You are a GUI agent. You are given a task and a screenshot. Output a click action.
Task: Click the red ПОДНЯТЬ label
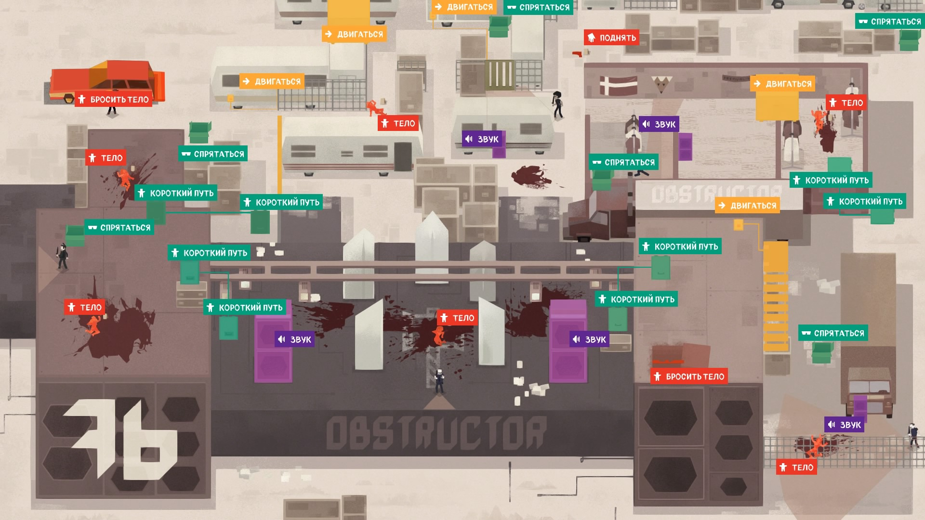point(612,38)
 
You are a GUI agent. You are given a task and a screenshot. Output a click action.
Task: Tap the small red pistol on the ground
point(577,53)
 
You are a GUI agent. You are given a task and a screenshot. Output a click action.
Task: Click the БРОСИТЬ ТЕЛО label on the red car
point(114,99)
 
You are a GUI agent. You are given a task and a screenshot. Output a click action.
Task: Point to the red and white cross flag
point(618,85)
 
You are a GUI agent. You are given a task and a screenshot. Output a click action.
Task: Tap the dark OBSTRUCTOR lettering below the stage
point(436,432)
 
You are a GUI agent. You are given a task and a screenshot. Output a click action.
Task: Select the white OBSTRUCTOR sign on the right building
point(717,194)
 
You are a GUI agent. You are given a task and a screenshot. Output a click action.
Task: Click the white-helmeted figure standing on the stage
point(439,381)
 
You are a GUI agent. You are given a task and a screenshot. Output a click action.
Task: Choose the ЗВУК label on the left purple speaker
point(295,339)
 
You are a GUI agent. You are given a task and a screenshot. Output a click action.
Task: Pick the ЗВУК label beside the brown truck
point(844,425)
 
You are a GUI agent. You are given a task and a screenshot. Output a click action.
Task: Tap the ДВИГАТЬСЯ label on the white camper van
point(272,81)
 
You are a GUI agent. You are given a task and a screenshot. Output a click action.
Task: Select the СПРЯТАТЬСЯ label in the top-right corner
point(890,21)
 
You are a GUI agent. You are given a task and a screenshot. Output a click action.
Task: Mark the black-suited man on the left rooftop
point(62,256)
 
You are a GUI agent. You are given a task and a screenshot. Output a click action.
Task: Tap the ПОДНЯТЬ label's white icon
point(592,38)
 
